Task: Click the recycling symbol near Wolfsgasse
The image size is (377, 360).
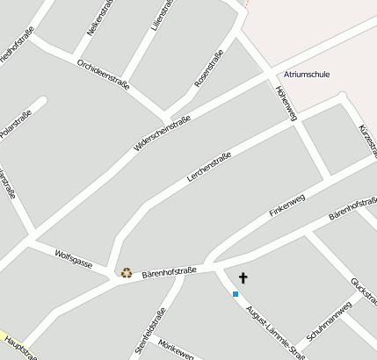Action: coord(127,272)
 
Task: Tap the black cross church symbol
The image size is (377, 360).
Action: coord(243,278)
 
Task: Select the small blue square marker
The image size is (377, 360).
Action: coord(236,293)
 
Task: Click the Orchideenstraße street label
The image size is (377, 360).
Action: coord(103,75)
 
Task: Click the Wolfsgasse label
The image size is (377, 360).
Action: coord(74,257)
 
